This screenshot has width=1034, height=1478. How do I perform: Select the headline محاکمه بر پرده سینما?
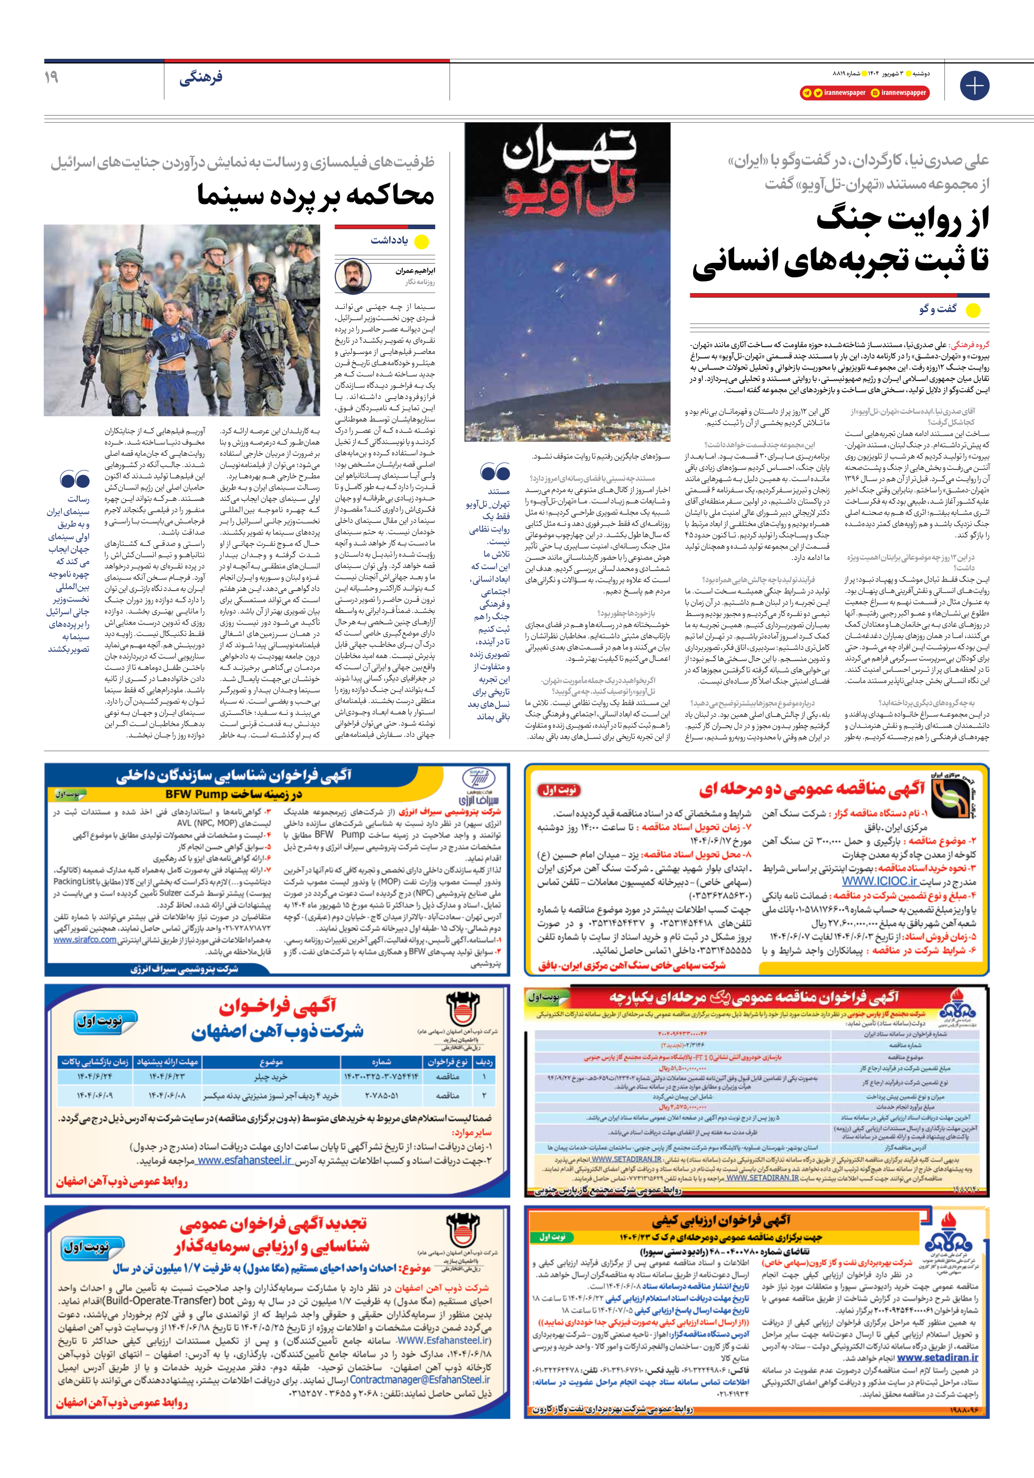pos(315,195)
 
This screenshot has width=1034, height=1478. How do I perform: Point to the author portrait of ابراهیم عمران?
pos(353,276)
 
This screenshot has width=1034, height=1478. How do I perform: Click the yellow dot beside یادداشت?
pos(421,242)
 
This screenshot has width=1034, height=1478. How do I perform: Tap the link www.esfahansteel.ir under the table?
pos(244,1160)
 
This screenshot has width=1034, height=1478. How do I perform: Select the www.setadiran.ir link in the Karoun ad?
pos(938,1358)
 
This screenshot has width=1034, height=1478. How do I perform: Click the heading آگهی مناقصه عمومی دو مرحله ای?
pos(812,789)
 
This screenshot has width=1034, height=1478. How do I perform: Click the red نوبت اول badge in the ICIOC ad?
pos(558,790)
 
